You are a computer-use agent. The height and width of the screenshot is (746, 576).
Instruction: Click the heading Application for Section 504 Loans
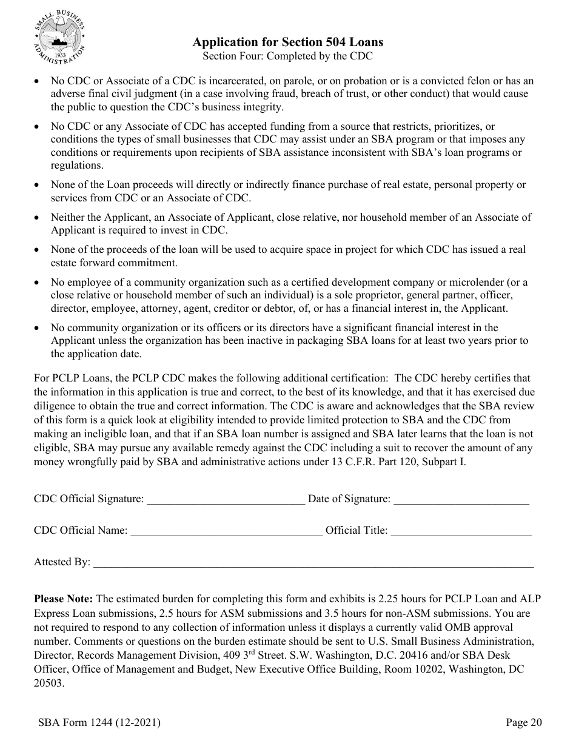click(287, 42)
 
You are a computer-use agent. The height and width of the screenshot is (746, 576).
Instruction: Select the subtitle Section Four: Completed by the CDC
click(287, 56)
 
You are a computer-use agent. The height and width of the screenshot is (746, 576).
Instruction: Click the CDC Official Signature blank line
click(226, 500)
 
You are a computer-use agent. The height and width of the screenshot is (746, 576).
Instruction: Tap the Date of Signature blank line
click(461, 500)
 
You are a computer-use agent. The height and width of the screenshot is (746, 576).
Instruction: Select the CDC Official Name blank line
click(226, 531)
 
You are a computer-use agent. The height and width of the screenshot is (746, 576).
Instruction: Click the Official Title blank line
click(461, 531)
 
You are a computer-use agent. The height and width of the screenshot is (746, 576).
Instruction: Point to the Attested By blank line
click(313, 563)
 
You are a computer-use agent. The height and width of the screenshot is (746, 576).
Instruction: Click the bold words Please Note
click(64, 599)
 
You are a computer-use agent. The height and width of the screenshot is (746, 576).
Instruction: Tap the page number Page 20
click(524, 722)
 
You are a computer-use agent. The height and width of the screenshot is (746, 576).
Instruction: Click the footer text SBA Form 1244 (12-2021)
click(99, 722)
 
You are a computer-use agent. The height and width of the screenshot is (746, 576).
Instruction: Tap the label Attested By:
click(62, 562)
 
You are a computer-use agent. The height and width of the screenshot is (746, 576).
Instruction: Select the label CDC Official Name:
click(81, 531)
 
